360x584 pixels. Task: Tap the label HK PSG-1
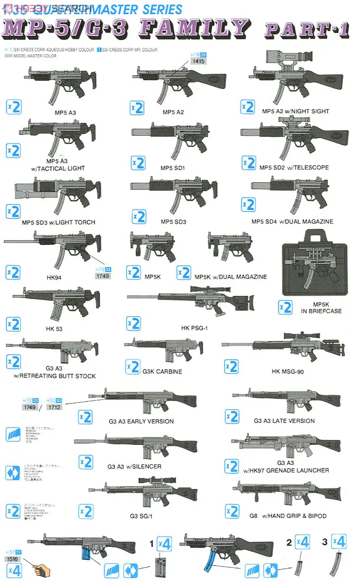(x=194, y=327)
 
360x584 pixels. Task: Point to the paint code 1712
(x=54, y=407)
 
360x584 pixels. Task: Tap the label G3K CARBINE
(x=162, y=372)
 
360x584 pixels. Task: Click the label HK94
(x=53, y=277)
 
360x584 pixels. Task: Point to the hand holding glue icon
(x=42, y=570)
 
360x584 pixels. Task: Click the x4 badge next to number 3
(x=339, y=542)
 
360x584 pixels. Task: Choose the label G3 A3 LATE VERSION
(x=284, y=421)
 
